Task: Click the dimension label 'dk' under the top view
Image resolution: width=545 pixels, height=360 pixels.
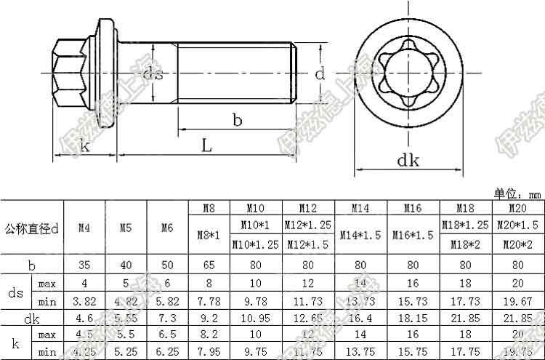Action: (408, 161)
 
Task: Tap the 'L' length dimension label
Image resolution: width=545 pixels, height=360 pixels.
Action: (206, 146)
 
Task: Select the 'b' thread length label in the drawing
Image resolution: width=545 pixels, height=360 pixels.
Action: (237, 120)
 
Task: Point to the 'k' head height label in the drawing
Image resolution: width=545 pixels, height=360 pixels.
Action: (85, 146)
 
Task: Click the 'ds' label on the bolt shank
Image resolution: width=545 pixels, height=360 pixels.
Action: (152, 73)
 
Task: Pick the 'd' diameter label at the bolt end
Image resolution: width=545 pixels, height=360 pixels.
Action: (318, 73)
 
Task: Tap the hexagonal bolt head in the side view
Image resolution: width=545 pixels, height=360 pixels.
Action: (69, 73)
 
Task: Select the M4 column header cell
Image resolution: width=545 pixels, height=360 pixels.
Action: (84, 228)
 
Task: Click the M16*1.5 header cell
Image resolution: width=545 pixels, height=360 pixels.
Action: (413, 235)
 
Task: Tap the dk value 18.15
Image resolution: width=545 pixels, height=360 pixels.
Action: (413, 318)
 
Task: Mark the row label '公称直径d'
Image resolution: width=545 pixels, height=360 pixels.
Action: (31, 228)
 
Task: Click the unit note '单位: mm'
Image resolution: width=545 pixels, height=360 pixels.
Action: (518, 194)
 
